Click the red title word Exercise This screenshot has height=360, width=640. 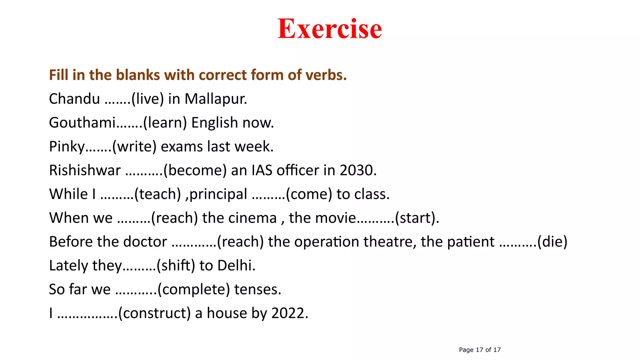[330, 29]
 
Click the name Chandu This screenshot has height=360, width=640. [74, 99]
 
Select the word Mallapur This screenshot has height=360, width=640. [216, 99]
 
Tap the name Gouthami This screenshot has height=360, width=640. [82, 122]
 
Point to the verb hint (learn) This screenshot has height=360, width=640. [165, 122]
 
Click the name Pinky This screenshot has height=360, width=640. [67, 147]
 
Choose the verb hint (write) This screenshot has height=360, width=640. [134, 147]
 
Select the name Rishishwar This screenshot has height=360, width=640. [85, 170]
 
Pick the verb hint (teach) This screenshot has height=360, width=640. [157, 194]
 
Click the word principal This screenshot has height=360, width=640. [218, 194]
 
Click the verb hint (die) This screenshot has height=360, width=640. [552, 242]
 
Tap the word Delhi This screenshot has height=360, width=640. [236, 266]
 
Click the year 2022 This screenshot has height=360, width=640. [290, 313]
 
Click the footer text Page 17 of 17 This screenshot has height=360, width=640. [480, 350]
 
